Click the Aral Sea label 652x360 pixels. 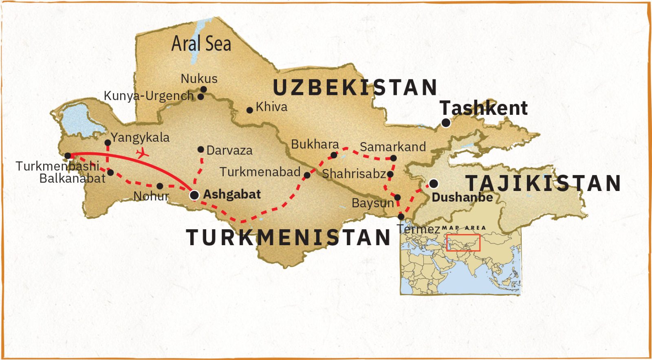click(x=201, y=44)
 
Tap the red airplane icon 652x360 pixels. click(x=142, y=154)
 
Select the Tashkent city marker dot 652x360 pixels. click(x=446, y=123)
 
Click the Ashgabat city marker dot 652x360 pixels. click(x=194, y=195)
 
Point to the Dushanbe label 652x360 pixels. click(x=462, y=198)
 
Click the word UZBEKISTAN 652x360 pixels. click(x=355, y=88)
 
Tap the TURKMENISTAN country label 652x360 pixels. click(x=289, y=237)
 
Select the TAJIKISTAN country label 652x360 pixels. click(x=543, y=183)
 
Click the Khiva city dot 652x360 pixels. click(x=250, y=110)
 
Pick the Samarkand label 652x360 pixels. click(x=393, y=147)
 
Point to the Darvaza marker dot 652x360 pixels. click(x=200, y=149)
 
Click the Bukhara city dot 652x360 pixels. click(x=334, y=155)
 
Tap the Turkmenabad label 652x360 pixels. click(x=260, y=172)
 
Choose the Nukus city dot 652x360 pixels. click(x=203, y=90)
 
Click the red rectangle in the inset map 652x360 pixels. click(x=463, y=243)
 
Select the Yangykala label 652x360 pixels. click(x=140, y=137)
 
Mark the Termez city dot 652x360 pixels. click(x=401, y=217)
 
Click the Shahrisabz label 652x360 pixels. click(x=354, y=174)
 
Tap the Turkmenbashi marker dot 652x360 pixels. click(x=68, y=156)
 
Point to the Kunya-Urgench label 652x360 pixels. click(x=149, y=96)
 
